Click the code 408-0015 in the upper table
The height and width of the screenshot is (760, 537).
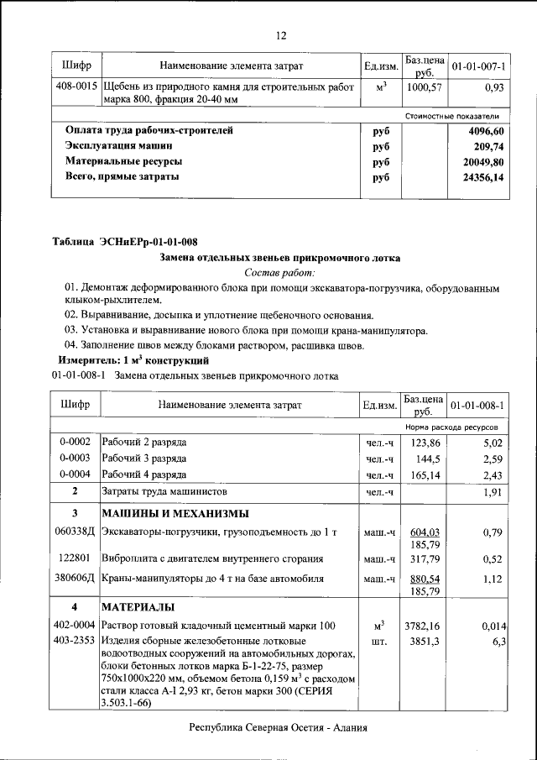(76, 86)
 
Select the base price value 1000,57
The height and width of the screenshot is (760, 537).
(423, 86)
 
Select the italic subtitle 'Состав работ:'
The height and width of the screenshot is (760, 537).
(279, 273)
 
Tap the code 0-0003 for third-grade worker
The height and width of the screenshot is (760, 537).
(75, 459)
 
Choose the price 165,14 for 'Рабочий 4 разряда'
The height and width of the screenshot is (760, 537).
(424, 475)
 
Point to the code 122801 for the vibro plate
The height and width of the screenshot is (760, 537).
(75, 558)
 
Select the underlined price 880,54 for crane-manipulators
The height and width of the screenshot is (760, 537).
(423, 579)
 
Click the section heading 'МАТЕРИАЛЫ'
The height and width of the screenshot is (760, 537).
(138, 606)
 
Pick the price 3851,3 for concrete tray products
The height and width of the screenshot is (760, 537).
(424, 642)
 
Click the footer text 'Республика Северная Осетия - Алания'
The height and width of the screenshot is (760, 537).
(279, 729)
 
